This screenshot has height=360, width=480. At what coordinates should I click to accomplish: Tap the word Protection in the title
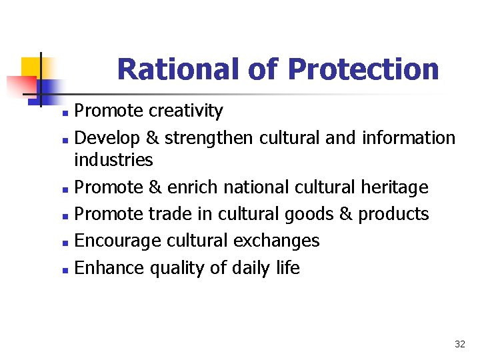pos(363,69)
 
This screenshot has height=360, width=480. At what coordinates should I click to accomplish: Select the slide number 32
pos(459,344)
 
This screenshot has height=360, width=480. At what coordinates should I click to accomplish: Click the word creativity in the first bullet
pos(186,111)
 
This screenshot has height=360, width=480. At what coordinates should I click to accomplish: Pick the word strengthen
pos(209,138)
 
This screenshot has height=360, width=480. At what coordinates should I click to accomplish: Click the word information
pos(409,137)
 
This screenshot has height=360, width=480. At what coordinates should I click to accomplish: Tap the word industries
pos(113,160)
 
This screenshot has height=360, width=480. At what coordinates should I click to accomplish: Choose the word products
pos(393,215)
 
